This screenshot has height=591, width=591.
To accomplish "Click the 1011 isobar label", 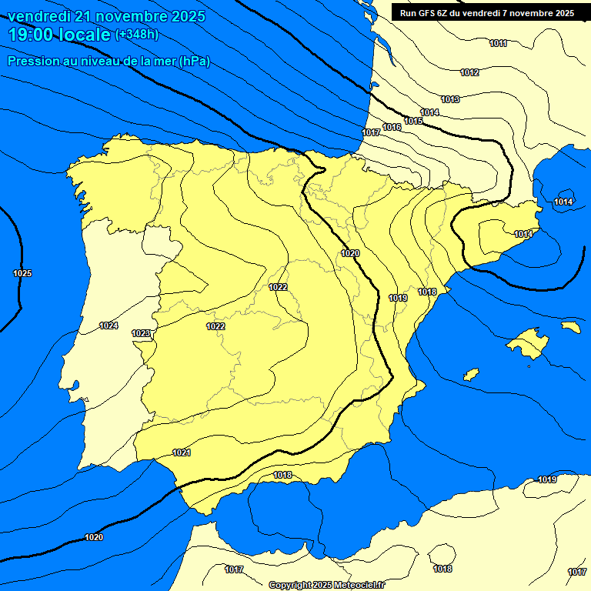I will click(498, 44).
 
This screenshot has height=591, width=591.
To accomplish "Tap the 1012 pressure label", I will click(469, 72).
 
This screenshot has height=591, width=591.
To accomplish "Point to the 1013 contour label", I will click(450, 99).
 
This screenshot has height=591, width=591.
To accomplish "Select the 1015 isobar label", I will click(413, 121).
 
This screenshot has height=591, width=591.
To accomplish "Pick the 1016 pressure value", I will click(392, 127).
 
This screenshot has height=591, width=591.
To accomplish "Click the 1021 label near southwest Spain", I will click(182, 452).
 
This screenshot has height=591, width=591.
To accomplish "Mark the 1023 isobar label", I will click(141, 333).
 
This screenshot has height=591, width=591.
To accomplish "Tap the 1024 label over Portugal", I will click(109, 326).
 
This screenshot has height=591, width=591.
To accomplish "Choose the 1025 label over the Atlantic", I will click(22, 273).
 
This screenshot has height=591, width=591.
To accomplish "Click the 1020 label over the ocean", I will click(94, 536).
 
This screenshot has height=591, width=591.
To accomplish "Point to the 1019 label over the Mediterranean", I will click(547, 479).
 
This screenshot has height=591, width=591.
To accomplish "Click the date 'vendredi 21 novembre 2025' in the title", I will click(106, 16).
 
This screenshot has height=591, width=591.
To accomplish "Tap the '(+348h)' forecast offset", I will click(136, 35).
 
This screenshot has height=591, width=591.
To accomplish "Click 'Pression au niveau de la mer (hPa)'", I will click(109, 61).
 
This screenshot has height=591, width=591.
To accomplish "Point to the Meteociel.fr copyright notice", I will click(326, 585).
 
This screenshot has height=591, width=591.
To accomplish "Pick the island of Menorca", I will click(570, 326).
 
